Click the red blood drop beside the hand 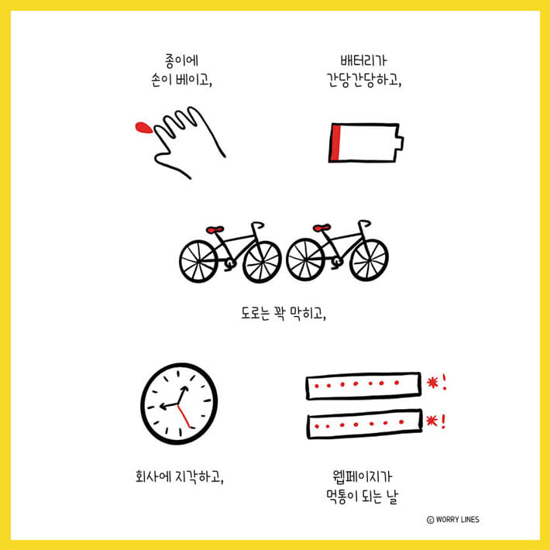143,128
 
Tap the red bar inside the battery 335,143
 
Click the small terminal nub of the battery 400,143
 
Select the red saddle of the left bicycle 215,229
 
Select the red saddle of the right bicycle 321,229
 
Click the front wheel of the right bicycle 368,260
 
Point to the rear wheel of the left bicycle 200,260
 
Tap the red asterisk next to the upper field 431,381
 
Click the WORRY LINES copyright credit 453,519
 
